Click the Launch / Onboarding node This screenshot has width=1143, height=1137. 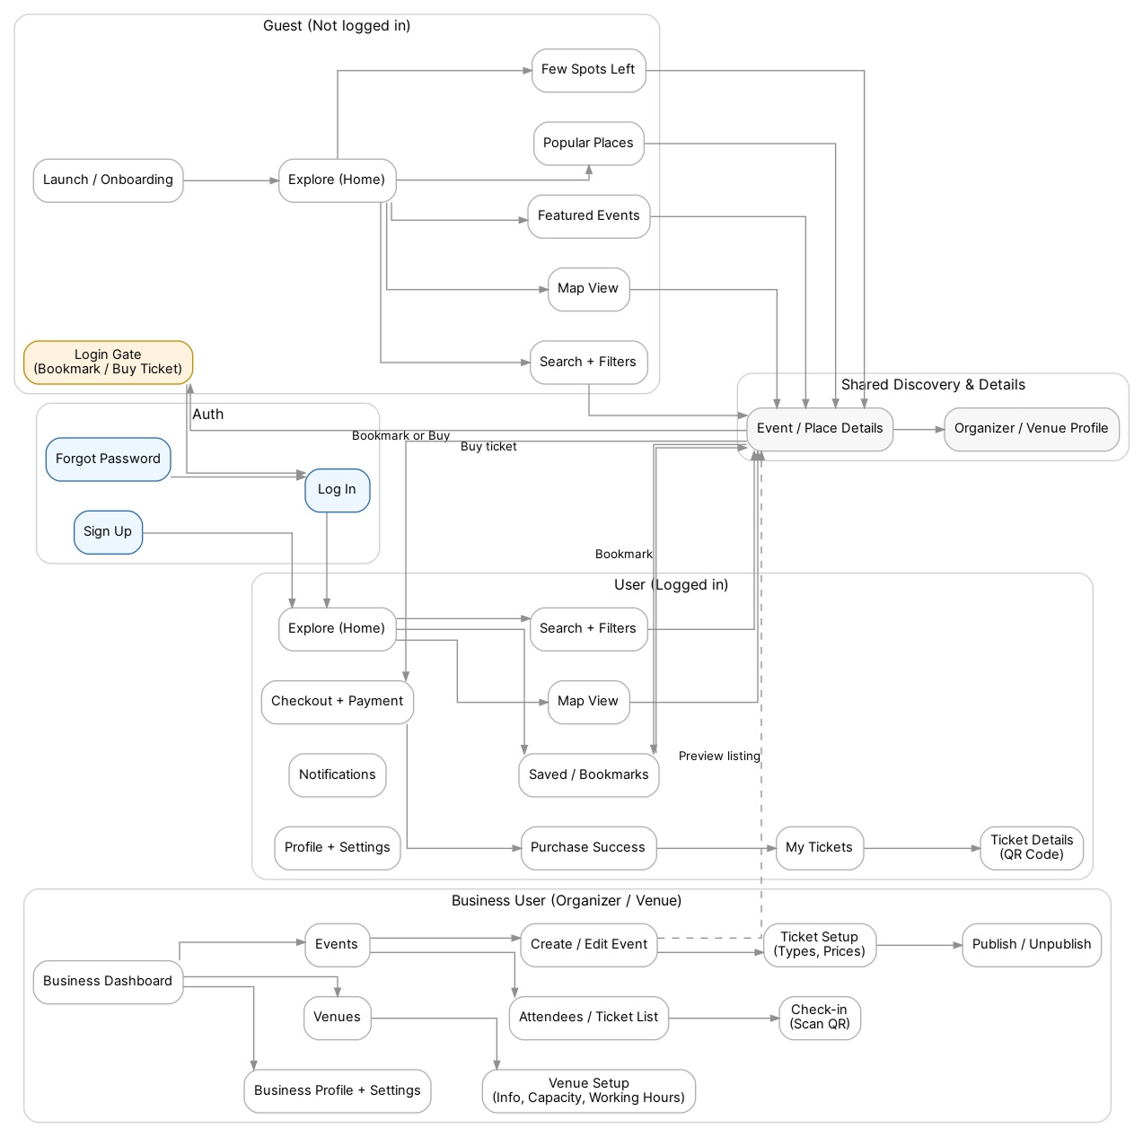tap(108, 180)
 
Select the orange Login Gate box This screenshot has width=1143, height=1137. tap(108, 363)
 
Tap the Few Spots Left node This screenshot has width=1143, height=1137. tap(588, 70)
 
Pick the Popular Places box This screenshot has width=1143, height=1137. tap(588, 144)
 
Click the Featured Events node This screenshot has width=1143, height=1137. tap(588, 216)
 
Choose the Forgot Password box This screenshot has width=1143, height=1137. tap(108, 459)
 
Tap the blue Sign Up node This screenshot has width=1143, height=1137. tap(108, 532)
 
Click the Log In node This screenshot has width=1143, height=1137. tap(337, 490)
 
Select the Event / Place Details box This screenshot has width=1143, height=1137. tap(819, 429)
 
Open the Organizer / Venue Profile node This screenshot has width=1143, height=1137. tap(1031, 429)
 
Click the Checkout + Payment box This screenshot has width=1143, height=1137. tap(337, 702)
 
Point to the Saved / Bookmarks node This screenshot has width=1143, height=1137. tap(588, 775)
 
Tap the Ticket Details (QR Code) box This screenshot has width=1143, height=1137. tap(1031, 848)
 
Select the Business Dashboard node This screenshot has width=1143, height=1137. tap(108, 982)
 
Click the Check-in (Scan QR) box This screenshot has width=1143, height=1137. tap(819, 1018)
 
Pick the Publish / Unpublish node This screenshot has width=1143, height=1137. tap(1031, 945)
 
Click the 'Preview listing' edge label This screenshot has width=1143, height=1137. tap(718, 757)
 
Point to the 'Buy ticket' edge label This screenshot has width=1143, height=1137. tap(488, 447)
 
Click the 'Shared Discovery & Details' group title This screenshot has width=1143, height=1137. tap(932, 385)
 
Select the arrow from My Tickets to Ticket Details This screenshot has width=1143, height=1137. tap(921, 848)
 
